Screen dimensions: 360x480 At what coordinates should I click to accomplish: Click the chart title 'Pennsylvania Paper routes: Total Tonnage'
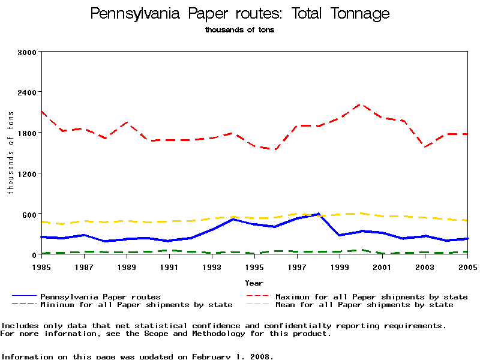point(239,14)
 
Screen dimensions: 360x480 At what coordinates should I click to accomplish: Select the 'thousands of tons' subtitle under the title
point(239,29)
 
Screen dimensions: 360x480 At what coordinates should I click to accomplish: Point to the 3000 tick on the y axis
point(28,52)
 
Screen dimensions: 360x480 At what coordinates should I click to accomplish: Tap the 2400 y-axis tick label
point(28,92)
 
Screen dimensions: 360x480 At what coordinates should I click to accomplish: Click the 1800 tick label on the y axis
point(28,133)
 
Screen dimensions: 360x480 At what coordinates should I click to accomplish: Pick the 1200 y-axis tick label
point(28,173)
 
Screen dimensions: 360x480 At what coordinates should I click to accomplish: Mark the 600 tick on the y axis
point(30,214)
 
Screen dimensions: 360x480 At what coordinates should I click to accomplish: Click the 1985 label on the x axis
point(41,266)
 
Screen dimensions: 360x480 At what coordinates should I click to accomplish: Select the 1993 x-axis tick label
point(212,266)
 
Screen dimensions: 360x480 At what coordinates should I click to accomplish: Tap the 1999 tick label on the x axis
point(340,266)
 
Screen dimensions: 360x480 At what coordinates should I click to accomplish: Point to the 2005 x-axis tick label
point(467,266)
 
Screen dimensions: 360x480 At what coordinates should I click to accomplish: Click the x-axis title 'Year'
point(254,283)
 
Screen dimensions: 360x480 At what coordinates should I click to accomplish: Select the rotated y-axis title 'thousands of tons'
point(10,153)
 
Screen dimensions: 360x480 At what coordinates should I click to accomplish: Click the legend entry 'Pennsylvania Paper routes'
point(100,296)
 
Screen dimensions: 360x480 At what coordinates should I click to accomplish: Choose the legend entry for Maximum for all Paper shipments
point(371,296)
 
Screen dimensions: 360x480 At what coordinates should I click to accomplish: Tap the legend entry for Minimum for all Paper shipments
point(136,305)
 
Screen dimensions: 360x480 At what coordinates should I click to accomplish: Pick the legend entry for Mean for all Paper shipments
point(364,305)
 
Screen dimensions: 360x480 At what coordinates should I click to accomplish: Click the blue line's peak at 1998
point(318,214)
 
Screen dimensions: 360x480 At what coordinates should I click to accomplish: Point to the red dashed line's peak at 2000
point(361,104)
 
